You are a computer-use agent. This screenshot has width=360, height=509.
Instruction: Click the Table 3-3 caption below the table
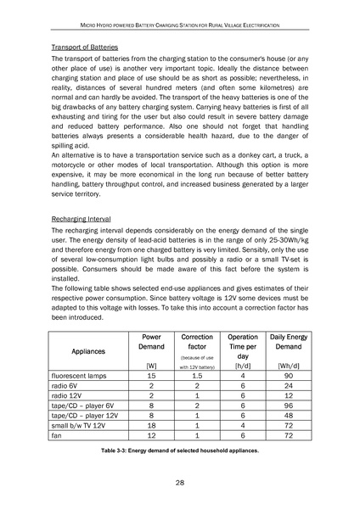[179, 450]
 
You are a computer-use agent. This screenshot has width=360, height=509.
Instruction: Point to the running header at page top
[180, 16]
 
